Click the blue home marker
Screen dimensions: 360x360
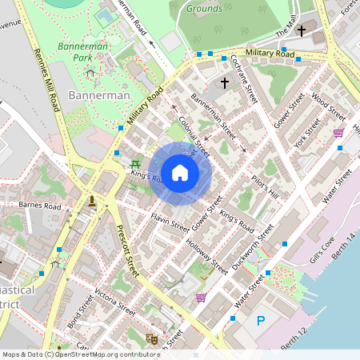tap(180, 173)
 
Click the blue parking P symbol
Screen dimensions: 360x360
tap(261, 321)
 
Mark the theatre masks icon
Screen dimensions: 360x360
tap(150, 339)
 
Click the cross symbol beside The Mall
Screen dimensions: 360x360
tap(302, 30)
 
